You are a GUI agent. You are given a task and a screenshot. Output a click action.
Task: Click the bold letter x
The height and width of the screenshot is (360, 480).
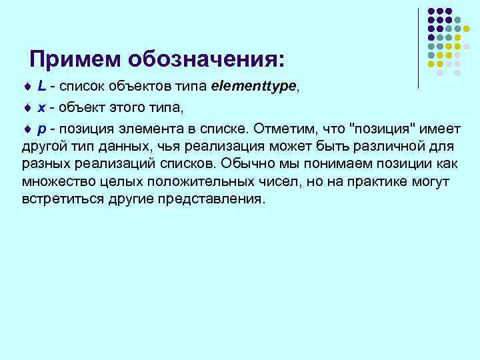(x=41, y=107)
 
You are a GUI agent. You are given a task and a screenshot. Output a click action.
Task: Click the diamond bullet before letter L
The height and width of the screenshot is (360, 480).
(x=27, y=88)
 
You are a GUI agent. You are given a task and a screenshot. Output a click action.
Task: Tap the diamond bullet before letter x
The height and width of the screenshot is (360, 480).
(x=27, y=107)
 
